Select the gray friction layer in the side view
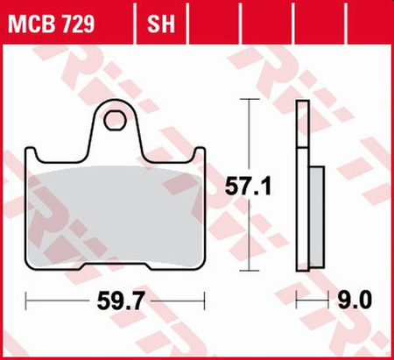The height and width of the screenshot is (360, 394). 316,215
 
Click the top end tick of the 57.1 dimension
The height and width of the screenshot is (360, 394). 252,102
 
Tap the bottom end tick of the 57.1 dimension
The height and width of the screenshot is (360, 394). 252,272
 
